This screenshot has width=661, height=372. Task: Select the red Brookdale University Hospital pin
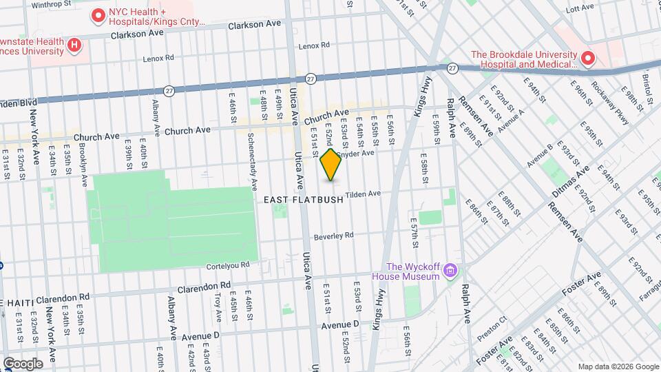587,59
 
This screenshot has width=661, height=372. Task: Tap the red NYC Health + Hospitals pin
98,14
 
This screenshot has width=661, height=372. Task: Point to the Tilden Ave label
363,194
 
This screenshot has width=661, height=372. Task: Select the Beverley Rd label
333,236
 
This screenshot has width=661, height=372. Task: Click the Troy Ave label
218,307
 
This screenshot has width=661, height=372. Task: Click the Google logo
23,363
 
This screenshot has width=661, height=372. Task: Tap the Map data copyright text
617,366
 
